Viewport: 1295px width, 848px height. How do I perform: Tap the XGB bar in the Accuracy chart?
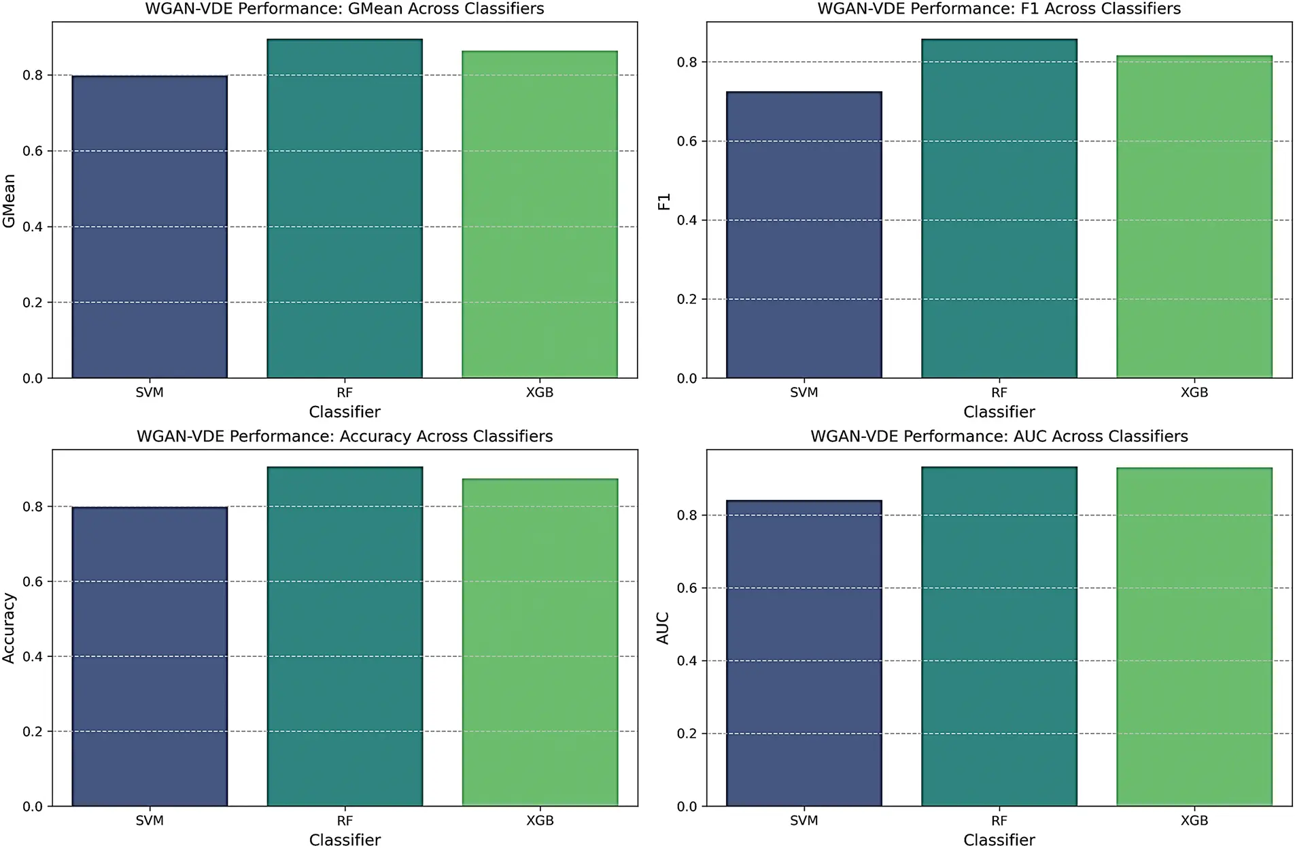[x=540, y=642]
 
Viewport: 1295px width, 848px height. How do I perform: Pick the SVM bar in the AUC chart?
[x=804, y=653]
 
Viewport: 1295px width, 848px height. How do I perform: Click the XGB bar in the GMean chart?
[x=540, y=214]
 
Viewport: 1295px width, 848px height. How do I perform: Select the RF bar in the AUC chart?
[x=999, y=636]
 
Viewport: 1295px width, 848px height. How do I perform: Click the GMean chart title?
[x=345, y=9]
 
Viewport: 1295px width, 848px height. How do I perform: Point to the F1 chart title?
[x=999, y=9]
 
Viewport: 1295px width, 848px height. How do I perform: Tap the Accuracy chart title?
[x=345, y=437]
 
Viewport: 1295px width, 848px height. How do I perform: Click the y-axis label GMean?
[x=10, y=201]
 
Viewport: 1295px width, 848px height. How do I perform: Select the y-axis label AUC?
[x=663, y=628]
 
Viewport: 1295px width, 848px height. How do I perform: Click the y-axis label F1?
[x=664, y=201]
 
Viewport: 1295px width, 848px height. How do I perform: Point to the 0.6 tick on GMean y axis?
[x=33, y=151]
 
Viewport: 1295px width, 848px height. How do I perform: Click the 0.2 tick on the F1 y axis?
[x=687, y=299]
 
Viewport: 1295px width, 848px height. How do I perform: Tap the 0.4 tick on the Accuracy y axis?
[x=33, y=656]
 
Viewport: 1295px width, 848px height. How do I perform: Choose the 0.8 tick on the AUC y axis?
[x=687, y=515]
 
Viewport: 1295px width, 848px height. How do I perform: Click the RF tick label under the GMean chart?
[x=345, y=392]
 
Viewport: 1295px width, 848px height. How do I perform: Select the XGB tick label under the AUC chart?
[x=1194, y=821]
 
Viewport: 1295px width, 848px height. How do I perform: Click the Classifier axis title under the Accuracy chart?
[x=345, y=840]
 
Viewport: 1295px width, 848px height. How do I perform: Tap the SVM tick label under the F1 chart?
[x=804, y=392]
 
